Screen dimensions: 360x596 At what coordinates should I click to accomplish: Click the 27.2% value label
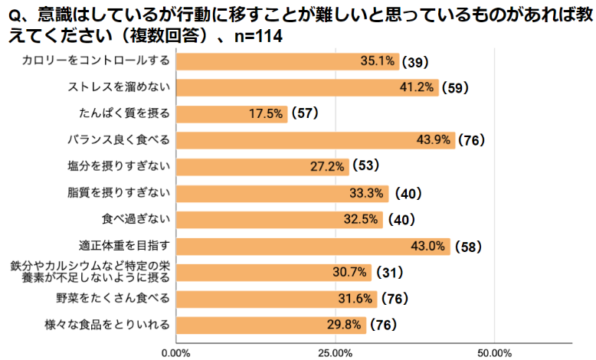tap(330, 166)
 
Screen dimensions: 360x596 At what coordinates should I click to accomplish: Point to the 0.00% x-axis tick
tap(177, 352)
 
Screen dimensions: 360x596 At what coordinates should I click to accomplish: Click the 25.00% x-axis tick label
tap(336, 352)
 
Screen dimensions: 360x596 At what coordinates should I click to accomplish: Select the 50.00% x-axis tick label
tap(494, 352)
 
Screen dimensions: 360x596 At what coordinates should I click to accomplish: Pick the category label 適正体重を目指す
tap(123, 246)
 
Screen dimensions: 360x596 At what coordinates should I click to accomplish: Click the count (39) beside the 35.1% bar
tap(418, 61)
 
